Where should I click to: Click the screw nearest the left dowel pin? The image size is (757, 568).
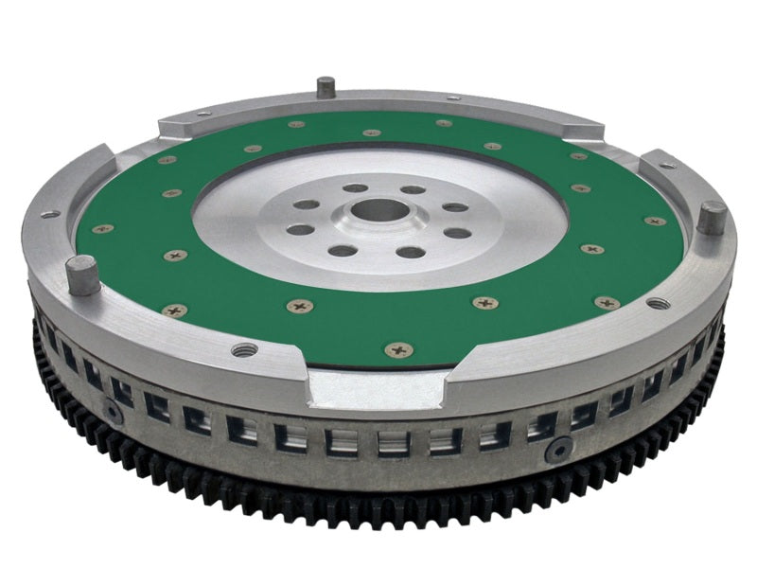coord(174,310)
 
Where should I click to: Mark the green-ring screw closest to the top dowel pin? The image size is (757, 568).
coord(297,124)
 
